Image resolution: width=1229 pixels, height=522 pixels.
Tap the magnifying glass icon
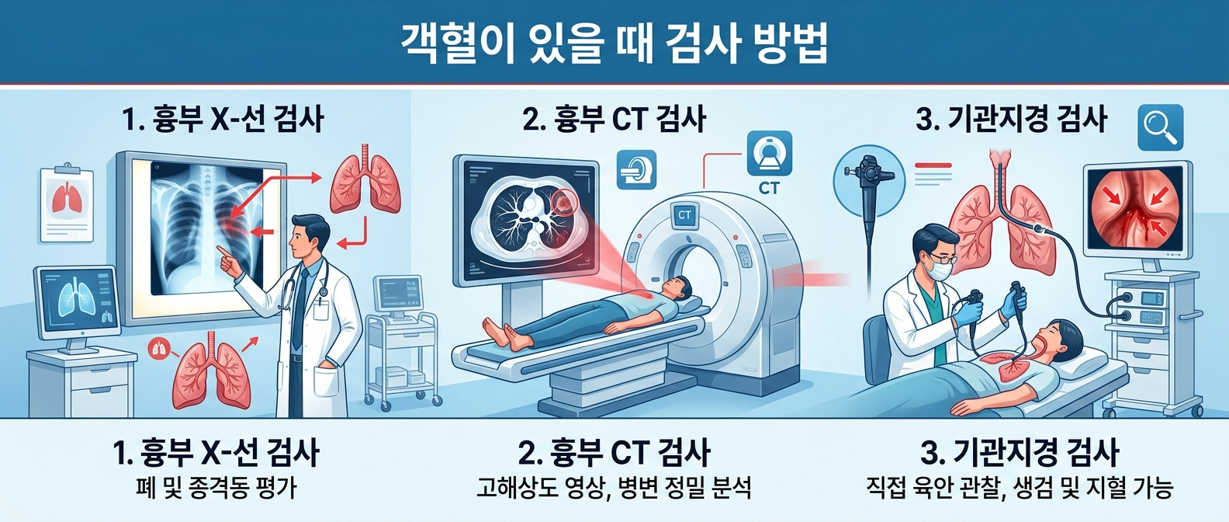tap(1160, 127)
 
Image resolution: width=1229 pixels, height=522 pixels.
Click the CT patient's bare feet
tap(505, 333)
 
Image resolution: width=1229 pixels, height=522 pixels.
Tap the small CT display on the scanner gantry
tap(684, 215)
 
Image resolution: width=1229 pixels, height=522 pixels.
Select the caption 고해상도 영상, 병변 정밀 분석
tap(614, 487)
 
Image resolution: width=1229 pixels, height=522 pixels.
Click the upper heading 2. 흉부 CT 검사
tap(614, 119)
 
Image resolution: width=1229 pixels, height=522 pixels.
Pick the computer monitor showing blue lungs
tap(78, 302)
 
